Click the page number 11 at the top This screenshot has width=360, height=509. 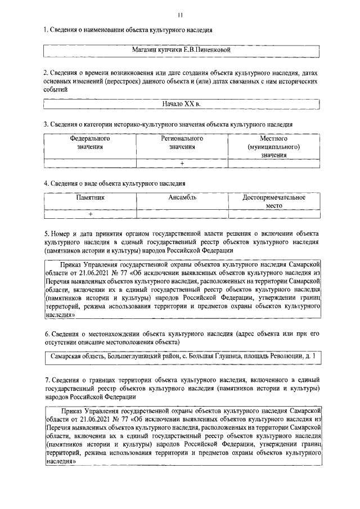click(x=180, y=15)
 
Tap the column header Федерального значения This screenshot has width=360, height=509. click(x=90, y=142)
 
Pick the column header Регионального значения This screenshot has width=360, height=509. click(x=182, y=142)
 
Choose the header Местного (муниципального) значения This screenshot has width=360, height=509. click(x=274, y=146)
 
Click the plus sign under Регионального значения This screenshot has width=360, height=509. click(x=182, y=163)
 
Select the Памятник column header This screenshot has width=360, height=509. click(x=90, y=198)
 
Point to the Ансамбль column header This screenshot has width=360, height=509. click(x=182, y=198)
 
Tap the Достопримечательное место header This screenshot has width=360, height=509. click(x=274, y=202)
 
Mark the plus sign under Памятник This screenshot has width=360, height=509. click(x=90, y=214)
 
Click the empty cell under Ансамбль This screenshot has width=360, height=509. click(x=182, y=214)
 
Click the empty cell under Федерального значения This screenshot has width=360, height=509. click(x=90, y=163)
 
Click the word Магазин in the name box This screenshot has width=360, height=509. click(x=144, y=50)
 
